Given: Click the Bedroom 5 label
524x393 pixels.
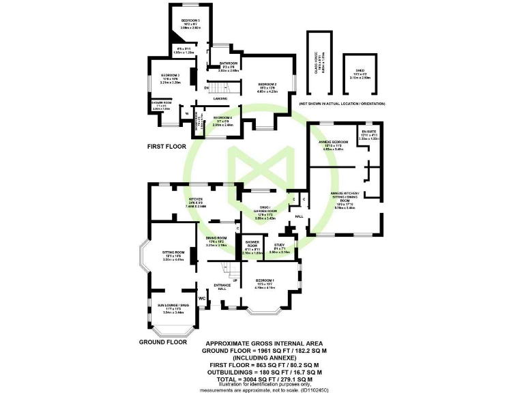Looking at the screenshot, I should pos(190,20).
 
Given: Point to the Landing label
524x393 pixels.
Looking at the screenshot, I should pos(220,98).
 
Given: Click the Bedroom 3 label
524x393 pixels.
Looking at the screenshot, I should pos(170,74).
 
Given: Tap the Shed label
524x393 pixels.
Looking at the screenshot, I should pos(358,71).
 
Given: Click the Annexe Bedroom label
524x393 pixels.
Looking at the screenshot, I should pos(334,141).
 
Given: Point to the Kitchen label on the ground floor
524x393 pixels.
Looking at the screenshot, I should pos(197,199).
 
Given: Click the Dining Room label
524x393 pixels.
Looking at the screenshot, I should pos(216,237).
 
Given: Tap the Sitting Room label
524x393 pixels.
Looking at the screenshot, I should pos(171,252).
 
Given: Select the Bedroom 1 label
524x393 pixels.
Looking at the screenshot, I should pos(265,281).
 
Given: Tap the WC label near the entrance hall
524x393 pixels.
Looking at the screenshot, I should pos(201,298).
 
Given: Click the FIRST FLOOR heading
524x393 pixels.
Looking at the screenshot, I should pos(167,147).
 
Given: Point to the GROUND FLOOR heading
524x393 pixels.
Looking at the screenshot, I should pos(163,341).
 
